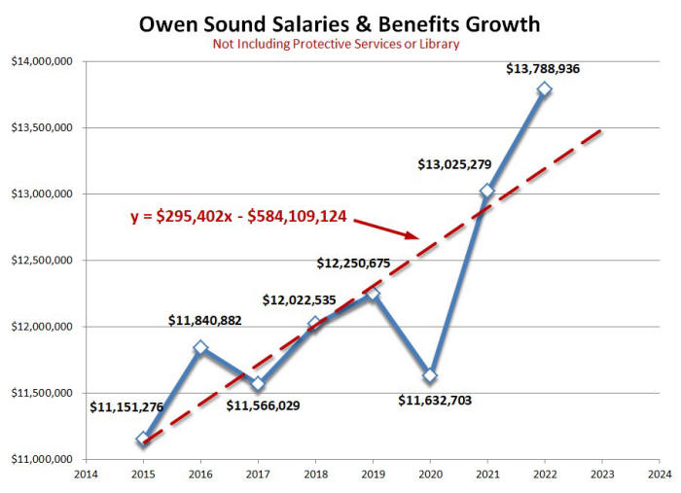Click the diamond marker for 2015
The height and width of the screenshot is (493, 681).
click(x=143, y=439)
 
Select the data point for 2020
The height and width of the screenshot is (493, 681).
click(x=430, y=375)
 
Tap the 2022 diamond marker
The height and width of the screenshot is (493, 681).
click(x=545, y=88)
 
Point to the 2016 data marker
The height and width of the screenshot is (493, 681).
click(x=200, y=347)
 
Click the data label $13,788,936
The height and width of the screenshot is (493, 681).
click(x=547, y=69)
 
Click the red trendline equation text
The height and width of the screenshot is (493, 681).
click(x=239, y=217)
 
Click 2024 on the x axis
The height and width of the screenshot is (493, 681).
click(x=660, y=475)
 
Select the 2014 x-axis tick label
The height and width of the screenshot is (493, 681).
click(x=86, y=475)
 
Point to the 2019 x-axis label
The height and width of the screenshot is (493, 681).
click(x=373, y=475)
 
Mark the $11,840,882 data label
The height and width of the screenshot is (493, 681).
click(x=204, y=320)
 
